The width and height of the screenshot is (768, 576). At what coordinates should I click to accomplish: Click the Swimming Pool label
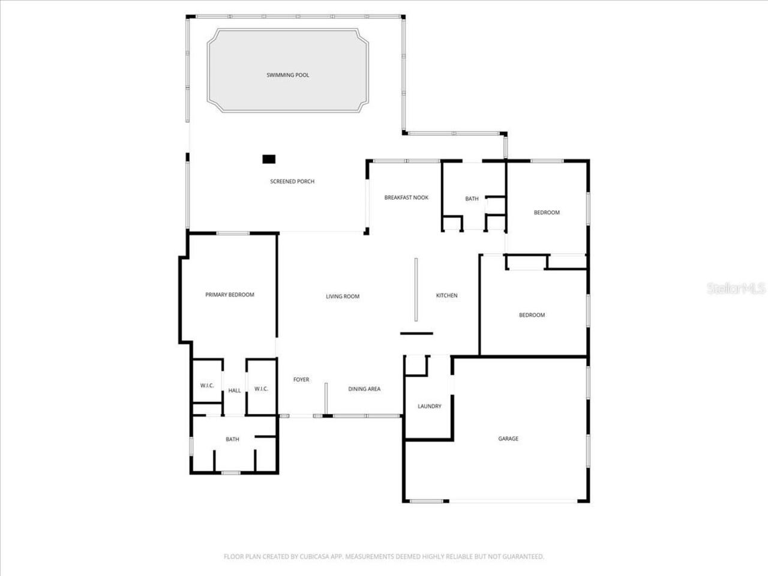[x=288, y=75]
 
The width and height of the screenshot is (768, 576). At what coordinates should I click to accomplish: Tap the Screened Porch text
[x=292, y=181]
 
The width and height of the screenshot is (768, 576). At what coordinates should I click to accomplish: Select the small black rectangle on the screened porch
[x=269, y=159]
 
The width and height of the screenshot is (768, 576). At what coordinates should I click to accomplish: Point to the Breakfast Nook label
[x=406, y=197]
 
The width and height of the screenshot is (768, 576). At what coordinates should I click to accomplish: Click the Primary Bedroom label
[x=230, y=295]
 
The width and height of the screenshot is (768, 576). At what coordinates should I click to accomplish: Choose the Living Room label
[x=343, y=296]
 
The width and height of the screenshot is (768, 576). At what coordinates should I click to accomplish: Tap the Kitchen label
[x=446, y=295]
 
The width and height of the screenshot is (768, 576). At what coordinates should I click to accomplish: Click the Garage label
[x=508, y=439]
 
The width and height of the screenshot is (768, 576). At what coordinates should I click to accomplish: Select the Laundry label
[x=430, y=406]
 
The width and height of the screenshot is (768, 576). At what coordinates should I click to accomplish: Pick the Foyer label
[x=301, y=379]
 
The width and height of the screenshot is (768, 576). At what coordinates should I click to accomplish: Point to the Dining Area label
[x=364, y=389]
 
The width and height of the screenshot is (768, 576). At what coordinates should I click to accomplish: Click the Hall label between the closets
[x=235, y=391]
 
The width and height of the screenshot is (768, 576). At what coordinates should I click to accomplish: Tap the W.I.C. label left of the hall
[x=207, y=385]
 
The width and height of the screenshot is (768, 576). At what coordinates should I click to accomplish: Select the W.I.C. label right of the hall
[x=261, y=389]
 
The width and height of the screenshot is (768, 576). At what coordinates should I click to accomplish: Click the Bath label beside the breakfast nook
[x=472, y=199]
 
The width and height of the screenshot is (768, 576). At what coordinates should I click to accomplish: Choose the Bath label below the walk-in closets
[x=232, y=439]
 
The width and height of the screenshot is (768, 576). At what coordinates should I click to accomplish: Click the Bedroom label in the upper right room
[x=547, y=212]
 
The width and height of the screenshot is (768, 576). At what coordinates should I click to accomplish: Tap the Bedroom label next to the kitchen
[x=532, y=315]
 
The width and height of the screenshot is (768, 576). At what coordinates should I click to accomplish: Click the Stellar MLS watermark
[x=736, y=289]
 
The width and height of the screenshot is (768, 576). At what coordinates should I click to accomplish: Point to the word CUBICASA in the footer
[x=320, y=557]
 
